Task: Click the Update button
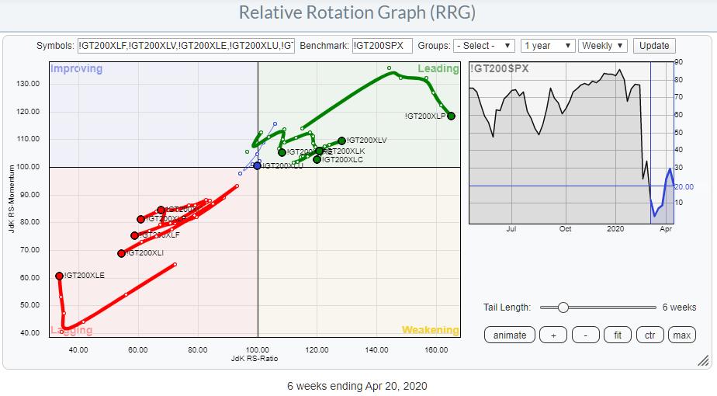point(654,46)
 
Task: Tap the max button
point(681,335)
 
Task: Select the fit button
point(617,335)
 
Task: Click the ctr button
point(649,335)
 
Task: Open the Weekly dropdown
point(602,46)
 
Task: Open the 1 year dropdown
point(548,46)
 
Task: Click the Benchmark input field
point(381,46)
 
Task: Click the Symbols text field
point(186,46)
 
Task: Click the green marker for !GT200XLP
point(451,116)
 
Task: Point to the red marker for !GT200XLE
point(59,276)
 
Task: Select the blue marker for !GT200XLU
point(258,165)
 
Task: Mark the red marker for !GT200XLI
point(121,253)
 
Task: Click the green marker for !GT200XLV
point(341,141)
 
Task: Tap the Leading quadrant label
point(438,68)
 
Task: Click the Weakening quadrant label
point(430,330)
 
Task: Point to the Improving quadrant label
point(76,68)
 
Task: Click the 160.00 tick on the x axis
point(435,349)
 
